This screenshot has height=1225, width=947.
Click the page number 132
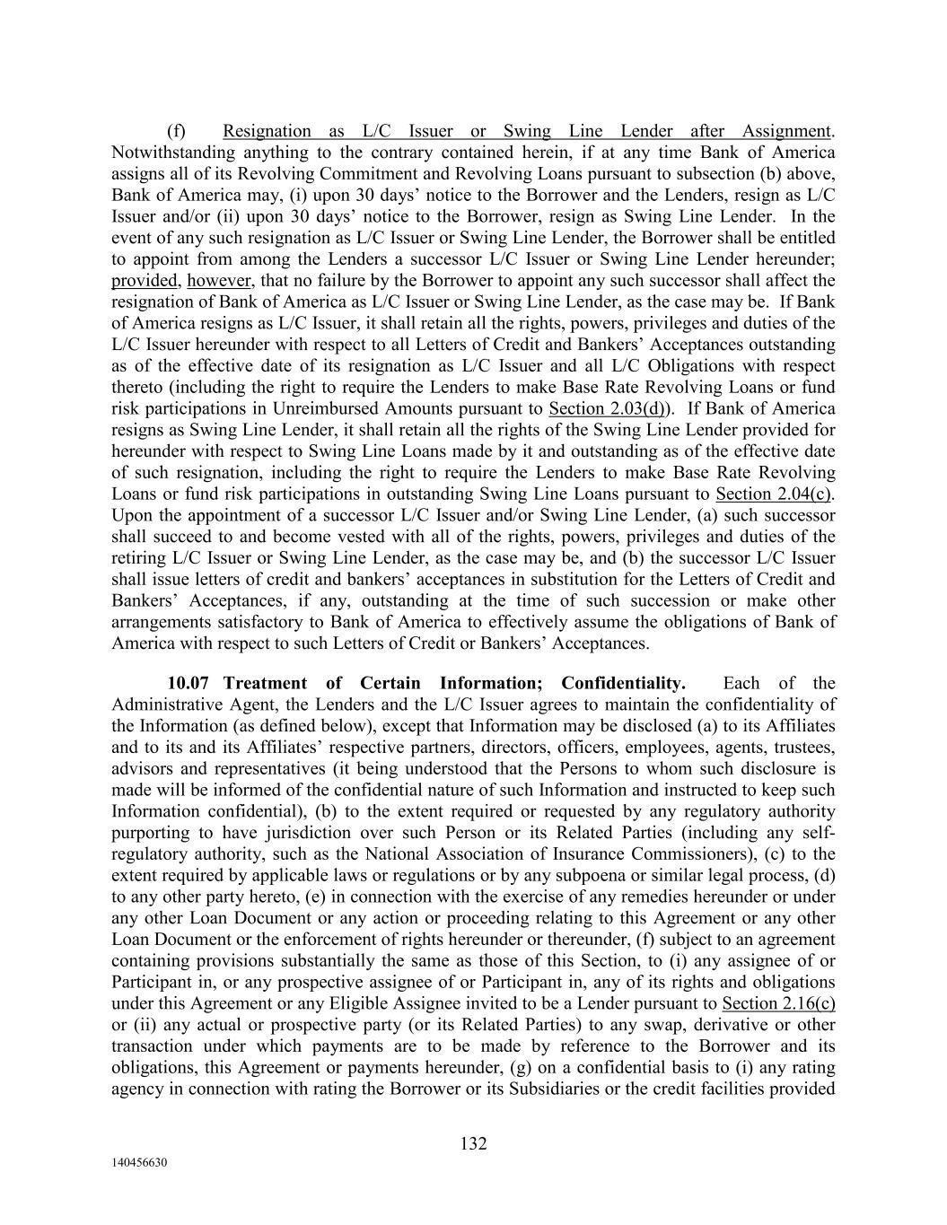[473, 1143]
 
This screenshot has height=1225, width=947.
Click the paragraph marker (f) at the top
[177, 131]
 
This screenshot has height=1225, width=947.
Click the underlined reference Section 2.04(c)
[774, 494]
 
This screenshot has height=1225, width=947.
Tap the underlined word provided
[144, 281]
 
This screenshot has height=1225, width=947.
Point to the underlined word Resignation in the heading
[267, 131]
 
